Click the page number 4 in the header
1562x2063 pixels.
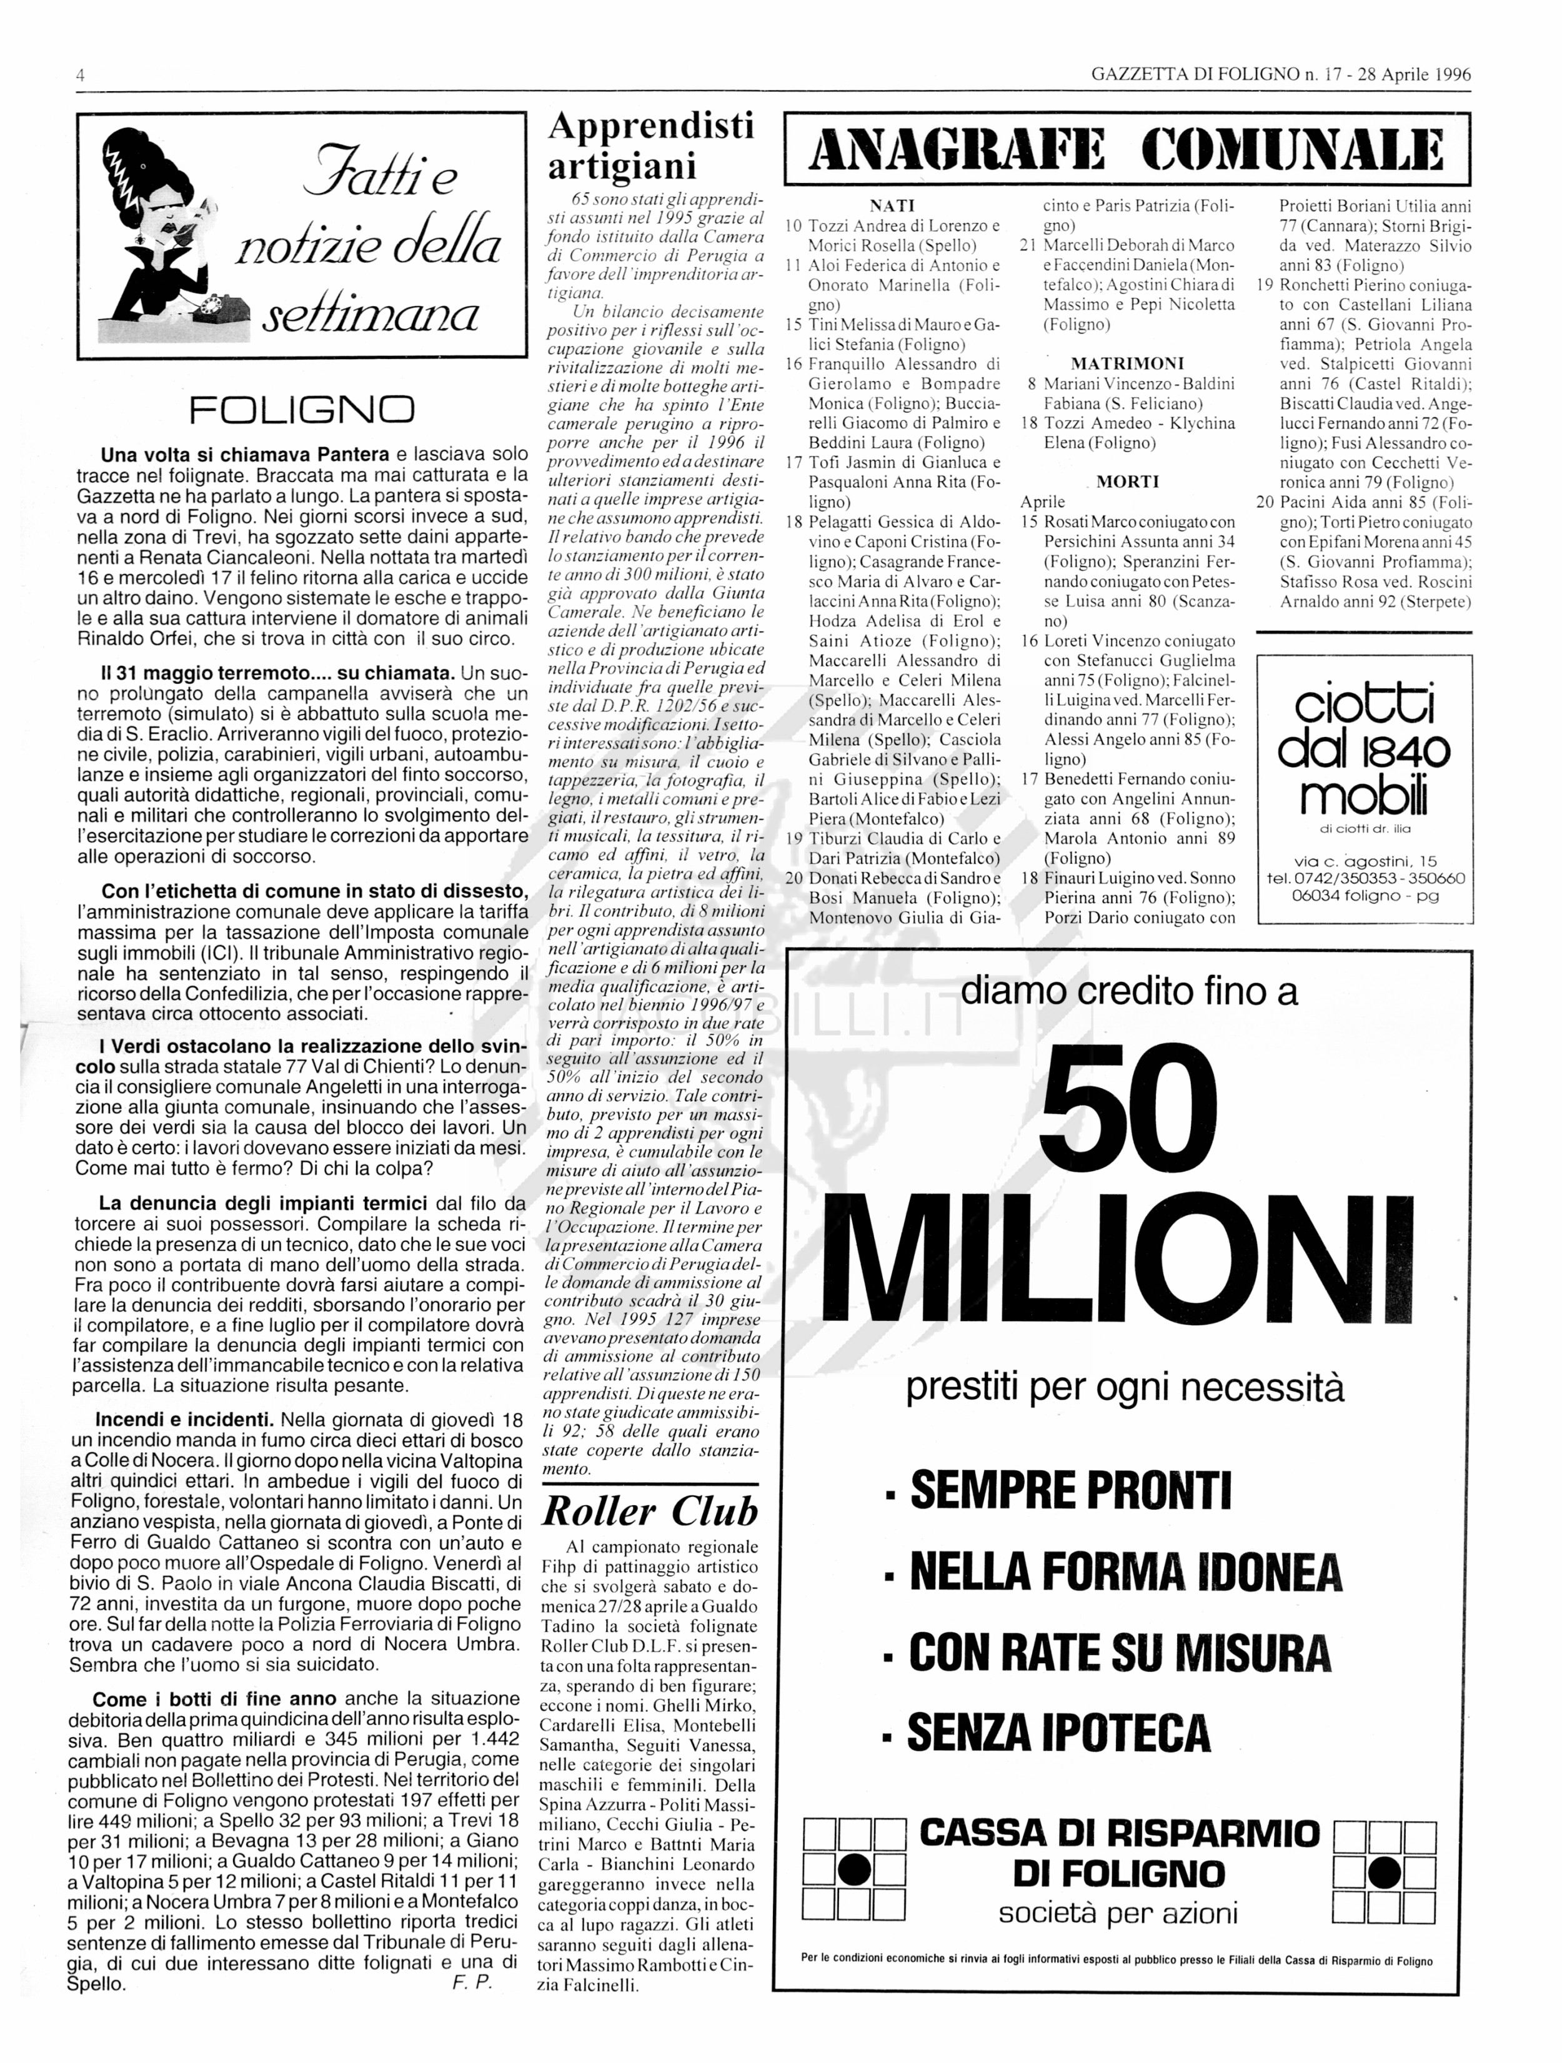click(x=81, y=76)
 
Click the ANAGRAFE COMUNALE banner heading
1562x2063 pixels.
click(x=1127, y=150)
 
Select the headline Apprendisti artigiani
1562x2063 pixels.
click(x=650, y=146)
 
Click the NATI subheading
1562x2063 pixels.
click(x=892, y=206)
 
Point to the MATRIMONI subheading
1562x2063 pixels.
click(x=1127, y=364)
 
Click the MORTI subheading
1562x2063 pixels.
click(x=1127, y=482)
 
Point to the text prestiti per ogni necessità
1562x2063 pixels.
click(x=1125, y=1388)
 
